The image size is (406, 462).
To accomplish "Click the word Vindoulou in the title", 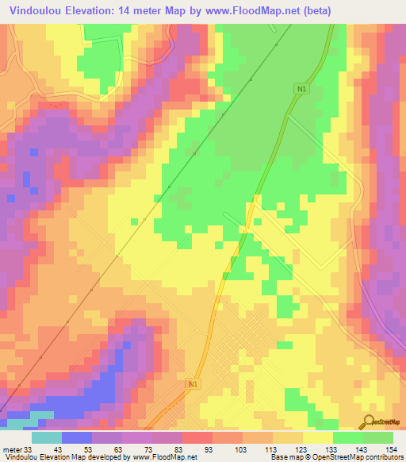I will [x=37, y=10].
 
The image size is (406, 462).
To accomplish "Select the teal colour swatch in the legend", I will [x=47, y=437].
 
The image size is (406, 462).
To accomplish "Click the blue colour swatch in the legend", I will [x=77, y=437].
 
